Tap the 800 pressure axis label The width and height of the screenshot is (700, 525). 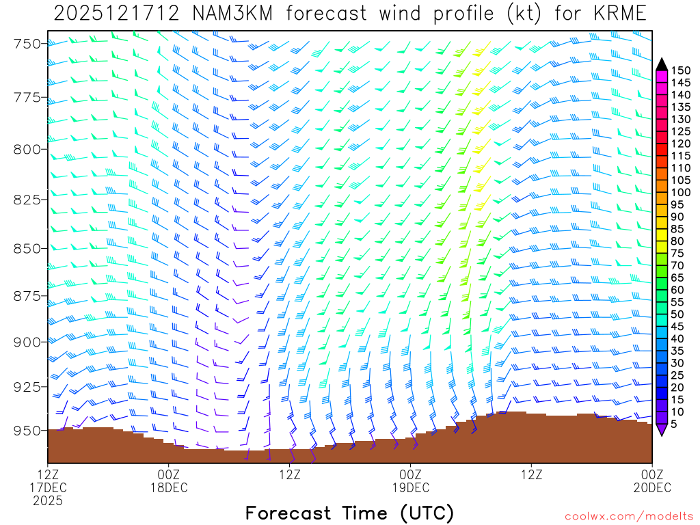pos(27,149)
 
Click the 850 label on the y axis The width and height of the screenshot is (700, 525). pos(27,247)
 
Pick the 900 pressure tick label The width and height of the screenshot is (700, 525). pos(27,341)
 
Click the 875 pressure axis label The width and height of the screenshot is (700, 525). pos(27,295)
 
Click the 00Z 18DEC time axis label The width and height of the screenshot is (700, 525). pos(169,481)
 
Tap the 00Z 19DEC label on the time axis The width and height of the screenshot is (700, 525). pos(411,481)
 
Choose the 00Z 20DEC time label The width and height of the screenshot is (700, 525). pos(652,481)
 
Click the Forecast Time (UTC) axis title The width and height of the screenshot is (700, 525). pos(349,513)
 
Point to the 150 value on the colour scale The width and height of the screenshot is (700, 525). pos(680,70)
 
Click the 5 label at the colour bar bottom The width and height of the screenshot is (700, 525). pos(675,425)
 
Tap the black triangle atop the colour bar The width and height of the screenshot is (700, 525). pos(662,64)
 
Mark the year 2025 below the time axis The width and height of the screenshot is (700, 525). pos(47,500)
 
